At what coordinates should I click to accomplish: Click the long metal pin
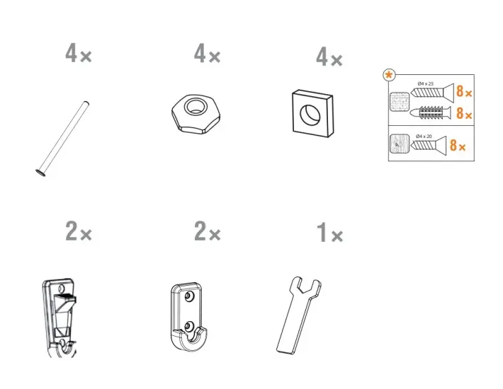tap(62, 139)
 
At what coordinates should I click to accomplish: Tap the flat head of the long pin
tap(40, 173)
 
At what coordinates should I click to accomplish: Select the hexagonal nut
tap(196, 114)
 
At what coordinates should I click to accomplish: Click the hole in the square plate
tap(310, 114)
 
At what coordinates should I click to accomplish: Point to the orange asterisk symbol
tap(389, 76)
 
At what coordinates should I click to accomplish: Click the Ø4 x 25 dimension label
tap(425, 83)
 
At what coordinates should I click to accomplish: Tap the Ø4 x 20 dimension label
tap(424, 137)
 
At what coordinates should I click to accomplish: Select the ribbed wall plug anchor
tap(431, 112)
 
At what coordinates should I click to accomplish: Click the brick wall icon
tap(400, 102)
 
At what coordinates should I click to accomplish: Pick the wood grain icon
tap(400, 144)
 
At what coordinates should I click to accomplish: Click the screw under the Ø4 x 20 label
tap(429, 145)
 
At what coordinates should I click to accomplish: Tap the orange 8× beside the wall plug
tap(464, 113)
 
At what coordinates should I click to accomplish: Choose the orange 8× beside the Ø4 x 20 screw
tap(458, 145)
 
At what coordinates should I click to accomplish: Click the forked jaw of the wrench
tap(305, 287)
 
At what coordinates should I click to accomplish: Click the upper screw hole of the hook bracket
tap(189, 297)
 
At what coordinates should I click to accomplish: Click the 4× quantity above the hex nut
tap(207, 54)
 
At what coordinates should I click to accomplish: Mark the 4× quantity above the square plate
tap(329, 57)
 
